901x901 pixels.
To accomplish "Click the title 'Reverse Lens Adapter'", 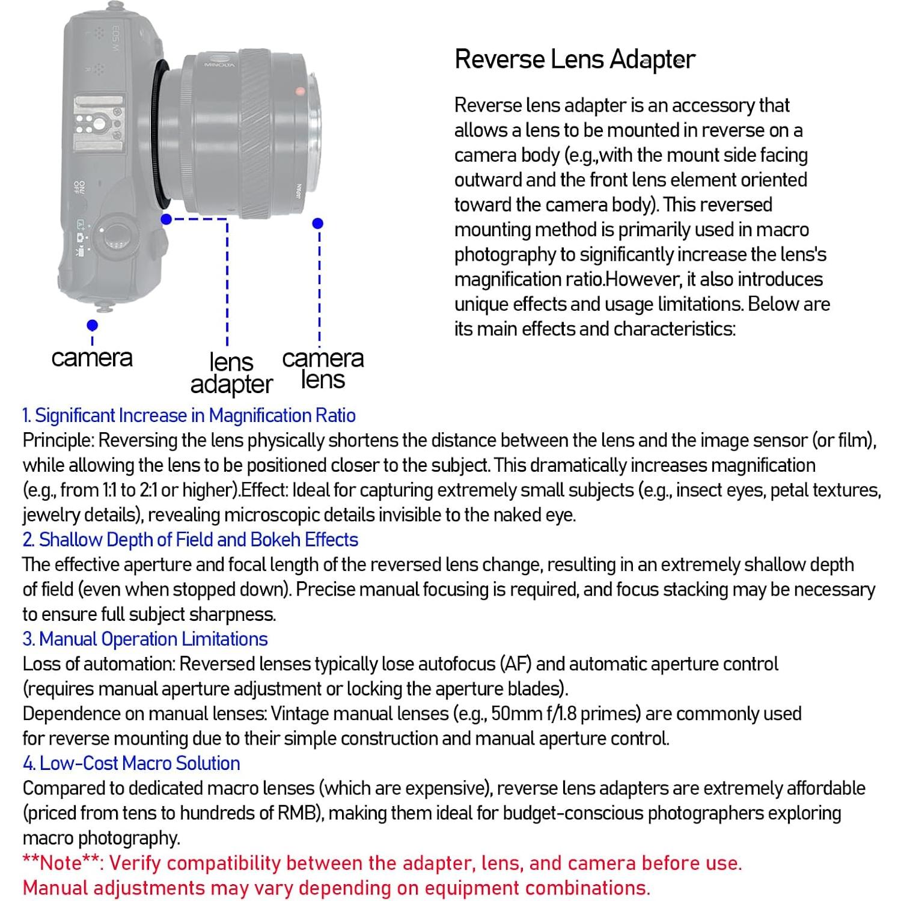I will tap(575, 60).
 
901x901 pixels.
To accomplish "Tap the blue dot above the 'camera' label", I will tap(92, 325).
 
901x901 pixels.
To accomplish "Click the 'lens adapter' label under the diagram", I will tap(231, 373).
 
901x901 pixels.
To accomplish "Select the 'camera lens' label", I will tap(323, 369).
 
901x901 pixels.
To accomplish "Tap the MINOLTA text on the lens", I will tap(219, 63).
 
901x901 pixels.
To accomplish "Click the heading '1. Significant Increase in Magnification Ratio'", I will tap(189, 415).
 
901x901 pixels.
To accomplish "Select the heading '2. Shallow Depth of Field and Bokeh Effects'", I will tap(190, 540).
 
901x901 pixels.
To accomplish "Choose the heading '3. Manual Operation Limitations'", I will tap(145, 639).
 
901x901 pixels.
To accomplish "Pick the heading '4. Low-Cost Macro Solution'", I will tap(131, 763).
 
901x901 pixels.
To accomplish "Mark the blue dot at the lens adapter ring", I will tap(166, 219).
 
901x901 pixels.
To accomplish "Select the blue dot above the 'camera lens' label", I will tap(318, 224).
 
